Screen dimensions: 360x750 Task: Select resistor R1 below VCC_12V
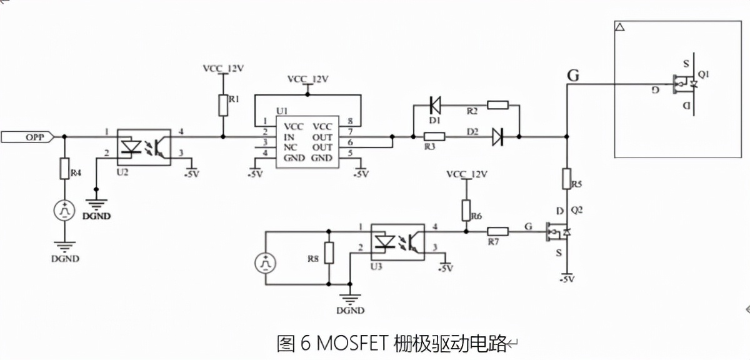click(222, 105)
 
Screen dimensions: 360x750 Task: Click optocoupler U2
click(144, 147)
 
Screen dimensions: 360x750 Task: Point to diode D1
click(436, 105)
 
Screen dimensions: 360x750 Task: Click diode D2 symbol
click(497, 136)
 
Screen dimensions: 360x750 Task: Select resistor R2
click(497, 105)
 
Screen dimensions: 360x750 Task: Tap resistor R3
click(434, 136)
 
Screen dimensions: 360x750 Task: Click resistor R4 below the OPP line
click(64, 169)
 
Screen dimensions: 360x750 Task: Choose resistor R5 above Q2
click(566, 178)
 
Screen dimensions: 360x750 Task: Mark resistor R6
click(465, 210)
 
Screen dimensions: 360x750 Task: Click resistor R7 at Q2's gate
click(497, 232)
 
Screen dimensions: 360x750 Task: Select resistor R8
click(329, 254)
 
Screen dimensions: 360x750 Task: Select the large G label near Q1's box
click(572, 76)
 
